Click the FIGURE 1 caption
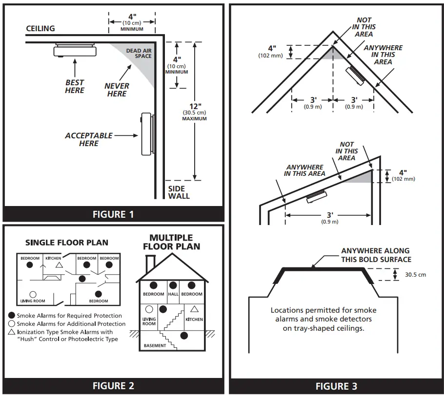tap(113, 214)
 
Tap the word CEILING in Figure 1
tap(40, 28)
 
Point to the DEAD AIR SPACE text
tap(139, 53)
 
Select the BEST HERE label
tap(75, 86)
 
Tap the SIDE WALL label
tap(179, 192)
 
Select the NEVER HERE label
tap(117, 90)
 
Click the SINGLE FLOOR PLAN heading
tap(67, 243)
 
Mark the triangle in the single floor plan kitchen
tap(59, 264)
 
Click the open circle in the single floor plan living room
tap(33, 294)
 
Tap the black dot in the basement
tap(184, 335)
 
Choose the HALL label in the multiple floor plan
tap(173, 294)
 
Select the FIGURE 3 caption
tap(336, 386)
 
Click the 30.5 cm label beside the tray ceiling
tap(415, 275)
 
